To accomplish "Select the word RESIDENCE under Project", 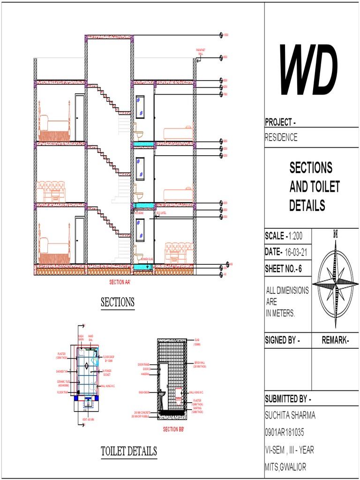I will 281,138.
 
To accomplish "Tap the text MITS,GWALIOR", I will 286,467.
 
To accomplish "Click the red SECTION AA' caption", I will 120,282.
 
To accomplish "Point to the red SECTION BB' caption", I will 173,429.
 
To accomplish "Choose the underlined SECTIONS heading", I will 118,302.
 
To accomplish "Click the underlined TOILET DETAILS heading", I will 129,451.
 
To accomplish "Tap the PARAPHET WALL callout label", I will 201,52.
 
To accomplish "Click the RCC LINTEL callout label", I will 168,212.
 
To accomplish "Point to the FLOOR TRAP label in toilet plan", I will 63,392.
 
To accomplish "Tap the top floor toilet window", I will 140,106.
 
